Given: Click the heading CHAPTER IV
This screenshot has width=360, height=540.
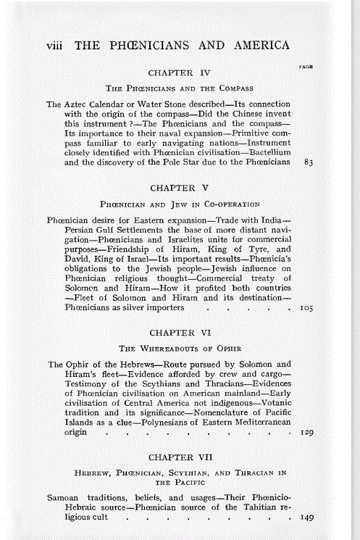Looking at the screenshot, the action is coord(179,72).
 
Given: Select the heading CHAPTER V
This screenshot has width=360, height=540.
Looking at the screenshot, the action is coord(179,188).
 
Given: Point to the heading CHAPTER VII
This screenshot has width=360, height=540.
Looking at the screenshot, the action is coord(179,457).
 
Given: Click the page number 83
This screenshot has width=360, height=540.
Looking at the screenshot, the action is coord(308,164).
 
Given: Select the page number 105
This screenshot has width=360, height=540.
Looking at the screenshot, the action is coord(306,307).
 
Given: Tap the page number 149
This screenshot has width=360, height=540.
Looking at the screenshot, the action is coord(306,519).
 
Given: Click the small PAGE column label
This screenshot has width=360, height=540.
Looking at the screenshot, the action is coord(306,66).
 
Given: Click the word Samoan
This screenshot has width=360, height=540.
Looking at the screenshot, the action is coord(64,499).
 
